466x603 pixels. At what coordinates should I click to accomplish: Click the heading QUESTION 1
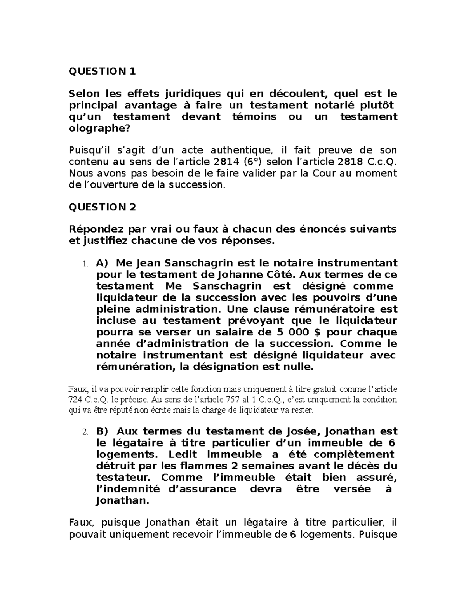[102, 71]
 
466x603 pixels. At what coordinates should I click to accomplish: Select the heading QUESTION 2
[102, 207]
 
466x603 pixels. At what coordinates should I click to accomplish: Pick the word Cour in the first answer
[325, 173]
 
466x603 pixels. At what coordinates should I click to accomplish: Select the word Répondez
[92, 229]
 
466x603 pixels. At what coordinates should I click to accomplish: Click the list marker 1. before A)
[85, 264]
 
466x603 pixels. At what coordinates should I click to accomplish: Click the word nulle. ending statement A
[298, 367]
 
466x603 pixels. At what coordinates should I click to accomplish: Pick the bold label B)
[103, 431]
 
